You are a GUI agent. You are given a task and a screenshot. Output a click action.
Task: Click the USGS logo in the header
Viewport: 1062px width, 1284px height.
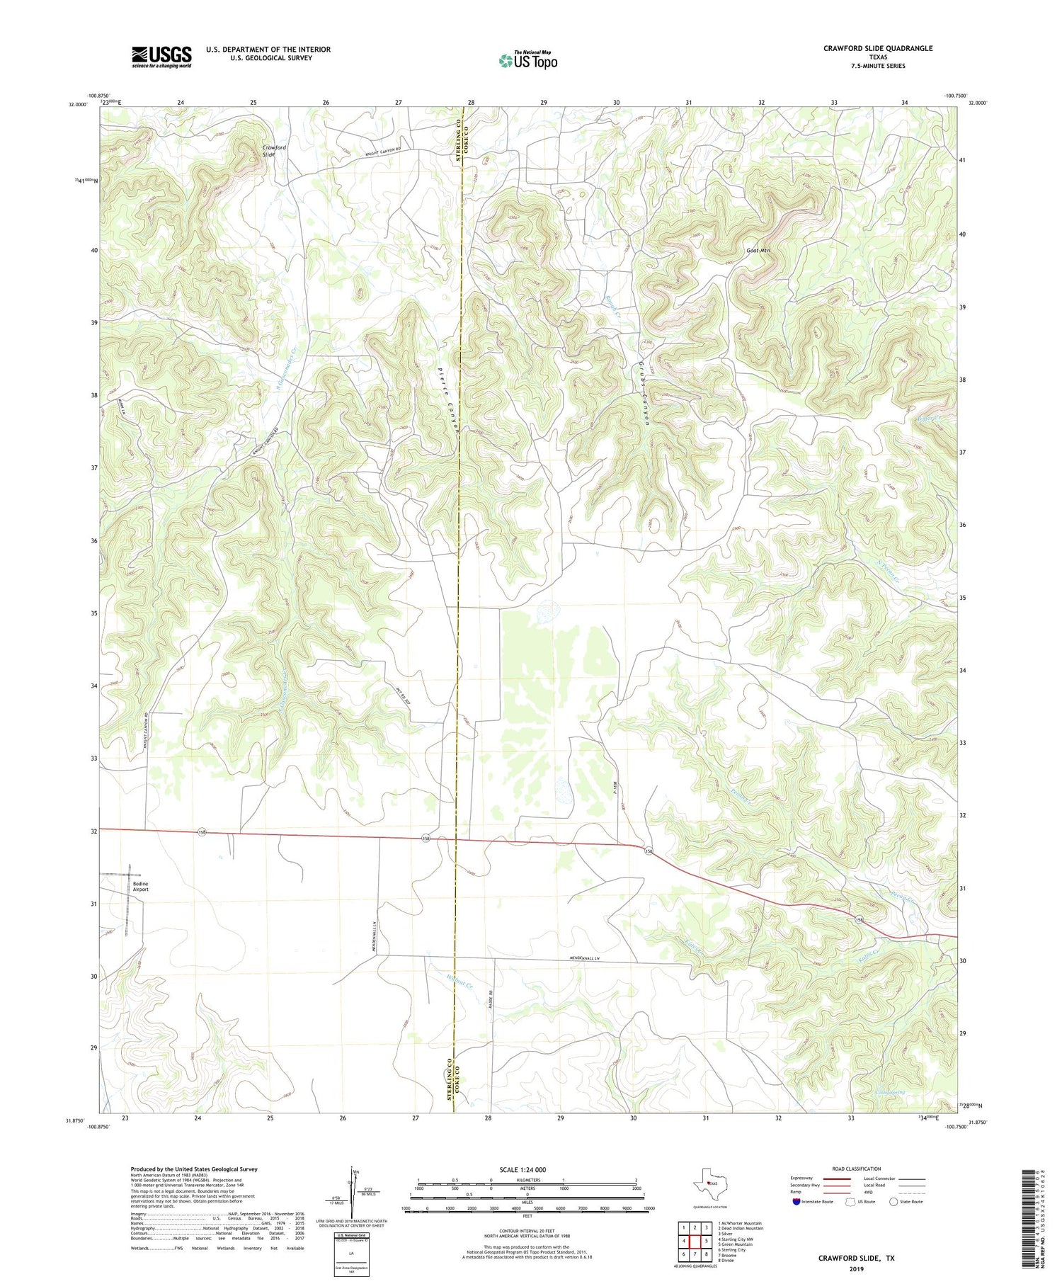coord(161,57)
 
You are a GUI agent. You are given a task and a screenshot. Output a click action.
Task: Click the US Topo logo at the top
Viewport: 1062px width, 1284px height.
coord(528,61)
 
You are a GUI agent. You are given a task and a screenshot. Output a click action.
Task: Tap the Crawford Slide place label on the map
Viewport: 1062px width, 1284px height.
coord(275,150)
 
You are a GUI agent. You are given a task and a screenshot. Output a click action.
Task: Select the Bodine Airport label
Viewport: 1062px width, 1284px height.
coord(141,887)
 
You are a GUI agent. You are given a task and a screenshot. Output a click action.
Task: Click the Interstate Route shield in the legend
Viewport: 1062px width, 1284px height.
coord(796,1202)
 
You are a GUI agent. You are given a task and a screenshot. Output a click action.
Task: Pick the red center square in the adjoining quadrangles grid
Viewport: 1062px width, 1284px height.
coord(695,1242)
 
